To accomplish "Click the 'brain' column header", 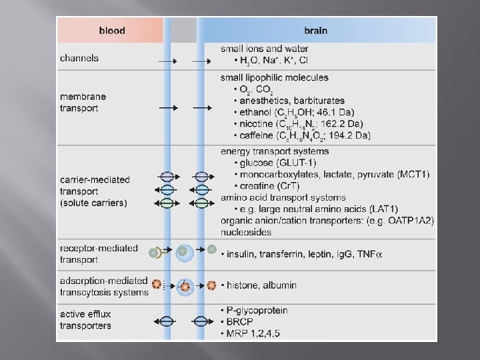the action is coord(315,30).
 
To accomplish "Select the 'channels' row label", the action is coord(79,58).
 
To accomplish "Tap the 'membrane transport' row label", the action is coord(83,103).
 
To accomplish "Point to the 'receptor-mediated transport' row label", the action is coord(99,254).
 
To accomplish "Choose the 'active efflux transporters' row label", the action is coord(86,320).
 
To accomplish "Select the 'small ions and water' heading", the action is coord(265,49).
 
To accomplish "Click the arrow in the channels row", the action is coord(168,62).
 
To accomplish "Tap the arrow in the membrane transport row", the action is coord(168,107).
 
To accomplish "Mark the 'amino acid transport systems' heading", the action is coord(283,197).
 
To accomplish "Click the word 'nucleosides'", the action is coord(246,233).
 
